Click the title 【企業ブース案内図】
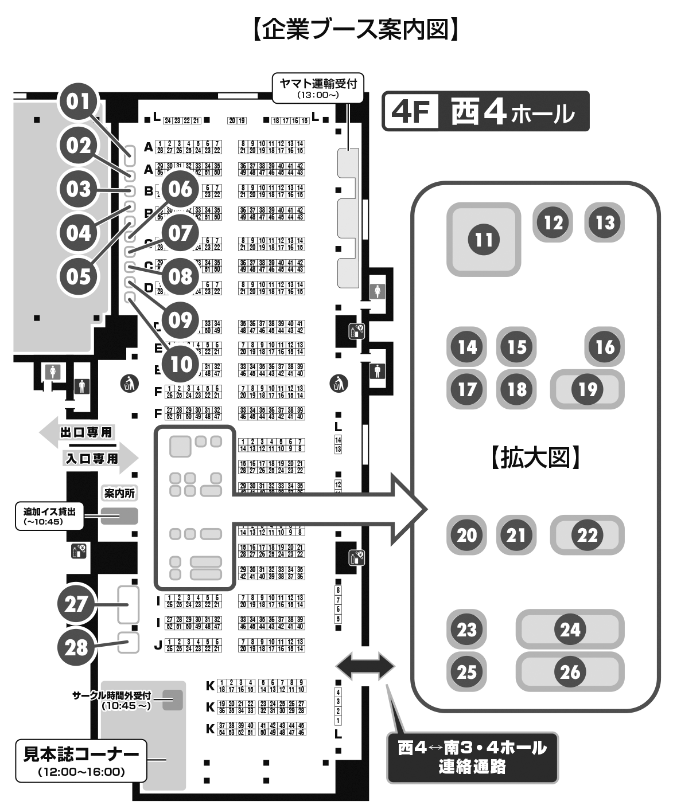355,29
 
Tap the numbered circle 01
80,102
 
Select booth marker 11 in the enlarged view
484,239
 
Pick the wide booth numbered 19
587,389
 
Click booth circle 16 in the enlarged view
605,347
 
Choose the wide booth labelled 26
570,672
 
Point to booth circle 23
466,630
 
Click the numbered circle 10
181,363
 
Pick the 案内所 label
120,493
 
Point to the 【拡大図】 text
535,458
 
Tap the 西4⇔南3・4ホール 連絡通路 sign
472,757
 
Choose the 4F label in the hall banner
411,112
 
